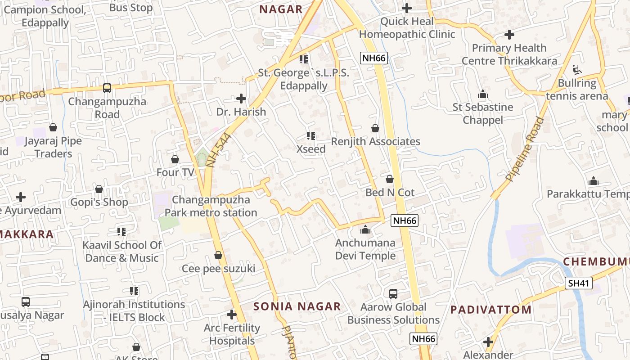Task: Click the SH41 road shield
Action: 578,283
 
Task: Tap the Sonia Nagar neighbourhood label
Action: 297,306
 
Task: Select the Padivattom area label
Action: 491,310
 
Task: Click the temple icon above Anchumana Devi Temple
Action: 365,230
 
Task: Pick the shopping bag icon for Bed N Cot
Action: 390,179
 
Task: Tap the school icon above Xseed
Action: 310,135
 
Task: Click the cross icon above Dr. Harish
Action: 241,98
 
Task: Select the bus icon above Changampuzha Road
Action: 107,88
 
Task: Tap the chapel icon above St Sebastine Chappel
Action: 483,94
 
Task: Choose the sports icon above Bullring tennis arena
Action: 577,70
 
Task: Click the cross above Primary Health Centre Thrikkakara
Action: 509,35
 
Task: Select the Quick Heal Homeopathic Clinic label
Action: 407,28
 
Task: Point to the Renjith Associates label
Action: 375,142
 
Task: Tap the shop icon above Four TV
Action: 175,159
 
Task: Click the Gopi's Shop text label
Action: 99,202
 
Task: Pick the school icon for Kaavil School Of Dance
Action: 121,232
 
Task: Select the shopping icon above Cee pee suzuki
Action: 218,256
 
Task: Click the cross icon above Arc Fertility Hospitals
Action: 232,314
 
